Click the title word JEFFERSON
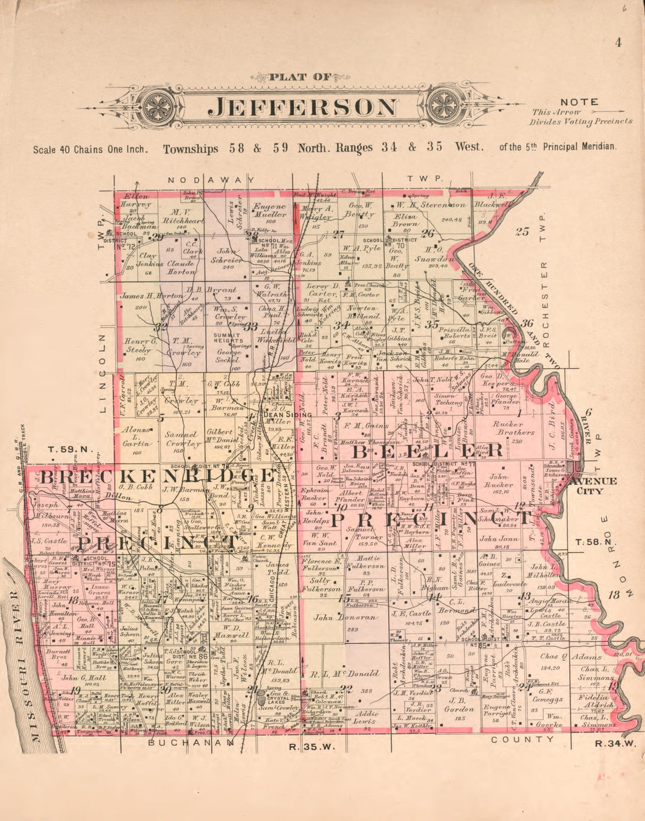coord(303,107)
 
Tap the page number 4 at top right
coord(618,42)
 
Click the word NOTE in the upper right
coord(579,102)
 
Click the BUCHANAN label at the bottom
coord(175,742)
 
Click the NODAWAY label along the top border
coord(211,179)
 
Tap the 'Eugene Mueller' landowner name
coord(270,211)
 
